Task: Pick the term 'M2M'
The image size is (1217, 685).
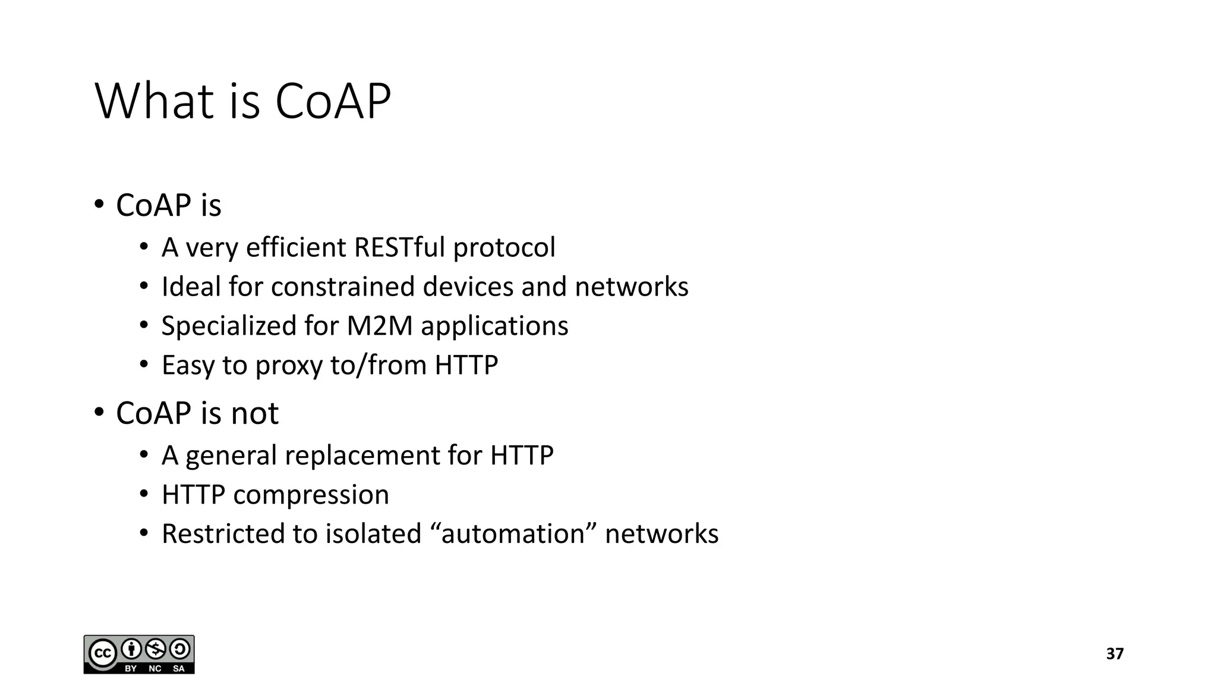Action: tap(379, 326)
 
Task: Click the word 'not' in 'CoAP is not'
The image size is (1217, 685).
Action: tap(254, 413)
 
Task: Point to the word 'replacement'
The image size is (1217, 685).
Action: tap(362, 455)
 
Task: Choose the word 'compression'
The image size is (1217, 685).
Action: tap(311, 495)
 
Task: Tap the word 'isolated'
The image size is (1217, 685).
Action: tap(373, 533)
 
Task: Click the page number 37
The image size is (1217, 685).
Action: tap(1114, 654)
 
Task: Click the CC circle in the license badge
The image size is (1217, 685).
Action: tap(102, 654)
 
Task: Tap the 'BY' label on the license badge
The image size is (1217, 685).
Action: tap(131, 669)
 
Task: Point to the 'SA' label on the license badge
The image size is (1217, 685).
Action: tap(179, 669)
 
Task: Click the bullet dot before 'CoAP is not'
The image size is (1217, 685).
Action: tap(99, 411)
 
